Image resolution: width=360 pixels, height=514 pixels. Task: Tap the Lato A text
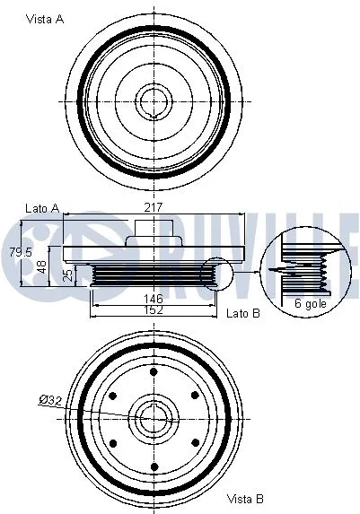tap(42, 208)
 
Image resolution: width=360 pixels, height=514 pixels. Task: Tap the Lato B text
tap(243, 313)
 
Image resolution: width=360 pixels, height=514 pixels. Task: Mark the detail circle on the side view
tap(216, 275)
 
